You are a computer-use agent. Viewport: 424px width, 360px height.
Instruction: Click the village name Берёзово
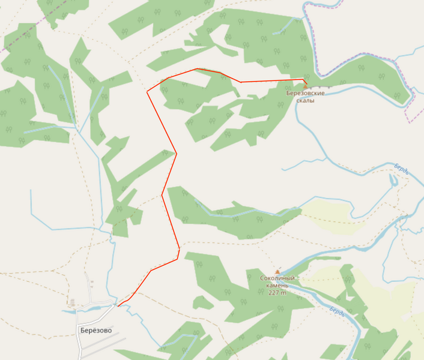point(95,329)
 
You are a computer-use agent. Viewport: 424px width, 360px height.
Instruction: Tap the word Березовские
point(305,94)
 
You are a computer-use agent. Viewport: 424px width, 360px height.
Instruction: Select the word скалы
point(305,101)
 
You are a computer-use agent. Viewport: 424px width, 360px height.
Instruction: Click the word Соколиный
point(277,278)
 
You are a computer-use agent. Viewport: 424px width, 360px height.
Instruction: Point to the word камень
point(277,286)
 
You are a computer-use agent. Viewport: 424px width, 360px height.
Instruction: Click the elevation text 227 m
point(277,293)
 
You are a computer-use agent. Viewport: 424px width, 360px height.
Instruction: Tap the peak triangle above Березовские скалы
point(305,86)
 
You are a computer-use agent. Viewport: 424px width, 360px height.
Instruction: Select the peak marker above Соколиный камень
point(277,272)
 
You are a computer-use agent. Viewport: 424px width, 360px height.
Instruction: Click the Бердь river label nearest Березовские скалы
point(401,169)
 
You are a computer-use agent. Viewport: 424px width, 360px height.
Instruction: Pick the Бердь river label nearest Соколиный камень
point(337,312)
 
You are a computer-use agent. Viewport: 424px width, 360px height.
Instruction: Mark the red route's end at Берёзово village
point(118,306)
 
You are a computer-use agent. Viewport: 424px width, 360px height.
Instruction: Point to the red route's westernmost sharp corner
point(148,92)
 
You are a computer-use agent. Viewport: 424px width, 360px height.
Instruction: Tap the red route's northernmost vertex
point(197,68)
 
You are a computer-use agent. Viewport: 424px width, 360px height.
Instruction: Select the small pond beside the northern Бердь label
point(393,181)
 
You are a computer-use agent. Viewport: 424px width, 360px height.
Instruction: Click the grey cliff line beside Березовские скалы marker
point(321,88)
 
